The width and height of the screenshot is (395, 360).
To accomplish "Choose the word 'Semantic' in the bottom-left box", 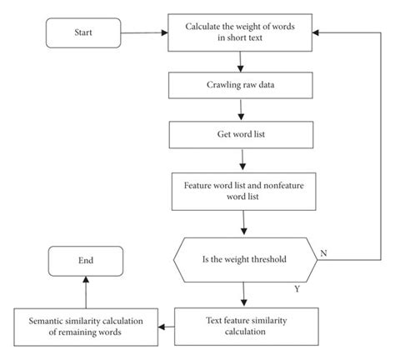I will (48, 317).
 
